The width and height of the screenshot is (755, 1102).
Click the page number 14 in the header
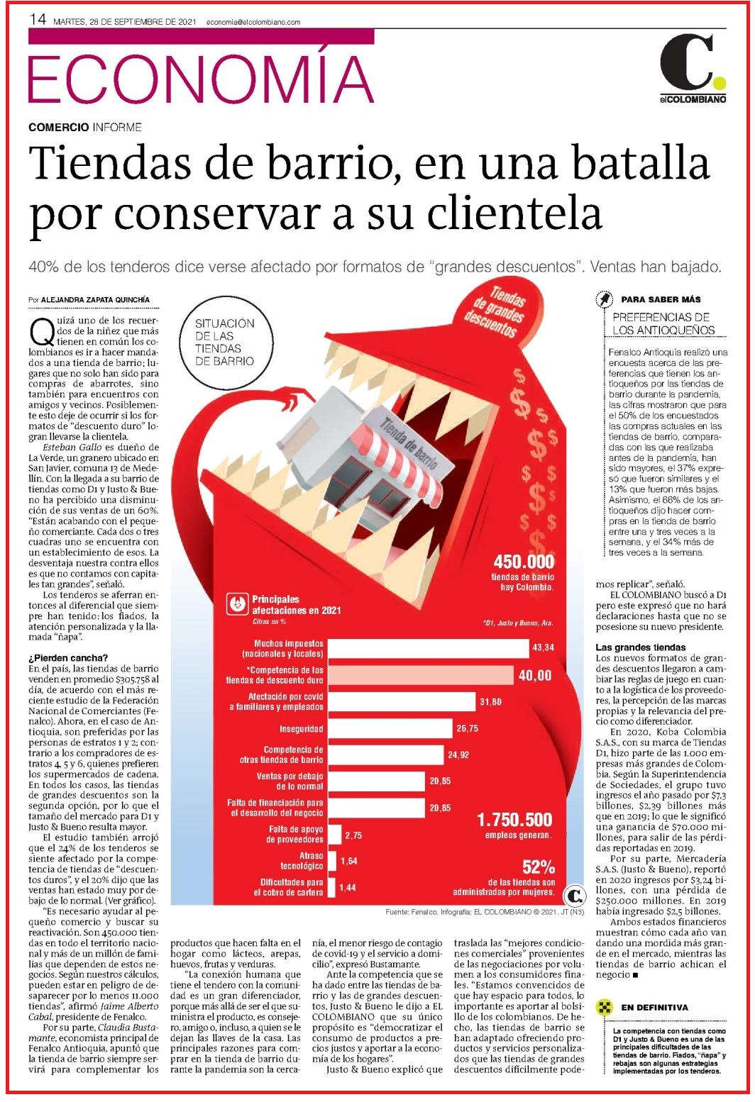38,20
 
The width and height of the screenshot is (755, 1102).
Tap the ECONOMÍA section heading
201,79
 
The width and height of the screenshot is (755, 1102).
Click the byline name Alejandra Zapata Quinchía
95,299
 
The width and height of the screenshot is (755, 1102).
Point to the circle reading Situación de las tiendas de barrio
224,343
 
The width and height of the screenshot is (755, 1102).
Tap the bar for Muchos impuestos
428,648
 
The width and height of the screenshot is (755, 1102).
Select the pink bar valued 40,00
421,675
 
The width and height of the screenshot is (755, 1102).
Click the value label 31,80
490,701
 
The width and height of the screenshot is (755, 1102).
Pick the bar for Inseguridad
390,728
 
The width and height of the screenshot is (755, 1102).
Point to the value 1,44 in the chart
348,888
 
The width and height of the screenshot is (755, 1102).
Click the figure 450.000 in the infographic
524,562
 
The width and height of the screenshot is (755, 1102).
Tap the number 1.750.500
515,820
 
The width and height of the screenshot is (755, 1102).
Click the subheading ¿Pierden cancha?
68,658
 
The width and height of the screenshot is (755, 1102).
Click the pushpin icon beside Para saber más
604,299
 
